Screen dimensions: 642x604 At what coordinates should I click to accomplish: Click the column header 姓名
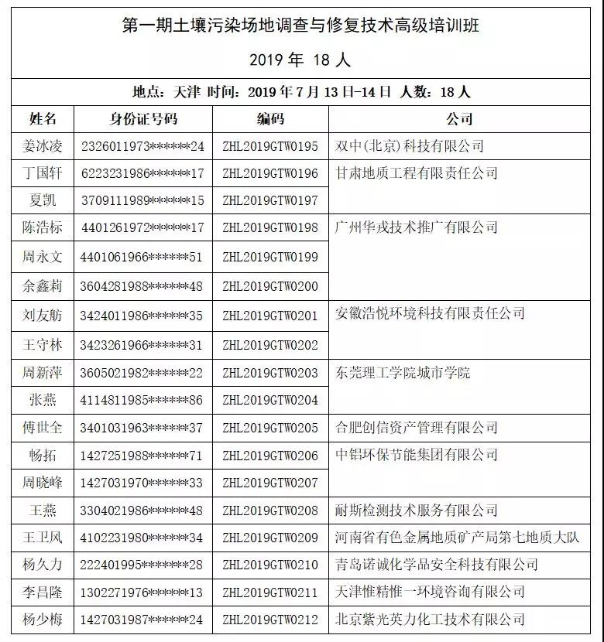[43, 119]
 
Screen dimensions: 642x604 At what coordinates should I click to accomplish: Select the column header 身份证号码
[142, 119]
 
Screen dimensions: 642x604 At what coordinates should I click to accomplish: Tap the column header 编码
[270, 119]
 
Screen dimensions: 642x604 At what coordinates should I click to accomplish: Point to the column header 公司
[459, 119]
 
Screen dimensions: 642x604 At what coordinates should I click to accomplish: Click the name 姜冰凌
[43, 146]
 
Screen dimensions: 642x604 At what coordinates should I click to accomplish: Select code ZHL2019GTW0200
[270, 286]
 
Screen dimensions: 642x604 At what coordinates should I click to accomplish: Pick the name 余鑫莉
[43, 286]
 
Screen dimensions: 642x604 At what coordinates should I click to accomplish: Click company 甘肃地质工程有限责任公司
[417, 173]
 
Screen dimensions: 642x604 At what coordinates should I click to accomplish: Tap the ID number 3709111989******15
[142, 200]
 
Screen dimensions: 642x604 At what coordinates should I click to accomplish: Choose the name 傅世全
[43, 428]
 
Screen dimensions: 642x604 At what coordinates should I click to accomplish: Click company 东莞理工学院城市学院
[403, 373]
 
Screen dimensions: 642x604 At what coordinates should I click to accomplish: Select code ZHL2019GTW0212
[270, 619]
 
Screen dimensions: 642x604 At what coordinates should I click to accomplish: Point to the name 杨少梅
[43, 619]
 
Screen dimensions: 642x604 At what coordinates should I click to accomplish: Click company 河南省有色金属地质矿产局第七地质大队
[458, 538]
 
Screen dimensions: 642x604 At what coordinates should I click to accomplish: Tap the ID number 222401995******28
[142, 565]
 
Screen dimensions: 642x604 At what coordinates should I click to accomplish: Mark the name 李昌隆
[43, 592]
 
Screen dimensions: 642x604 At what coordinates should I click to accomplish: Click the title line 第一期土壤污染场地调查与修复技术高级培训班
[301, 26]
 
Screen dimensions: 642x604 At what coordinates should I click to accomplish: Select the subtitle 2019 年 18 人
[301, 59]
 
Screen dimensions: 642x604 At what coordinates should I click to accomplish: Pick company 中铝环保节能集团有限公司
[417, 455]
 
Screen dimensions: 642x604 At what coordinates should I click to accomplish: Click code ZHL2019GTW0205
[270, 428]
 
